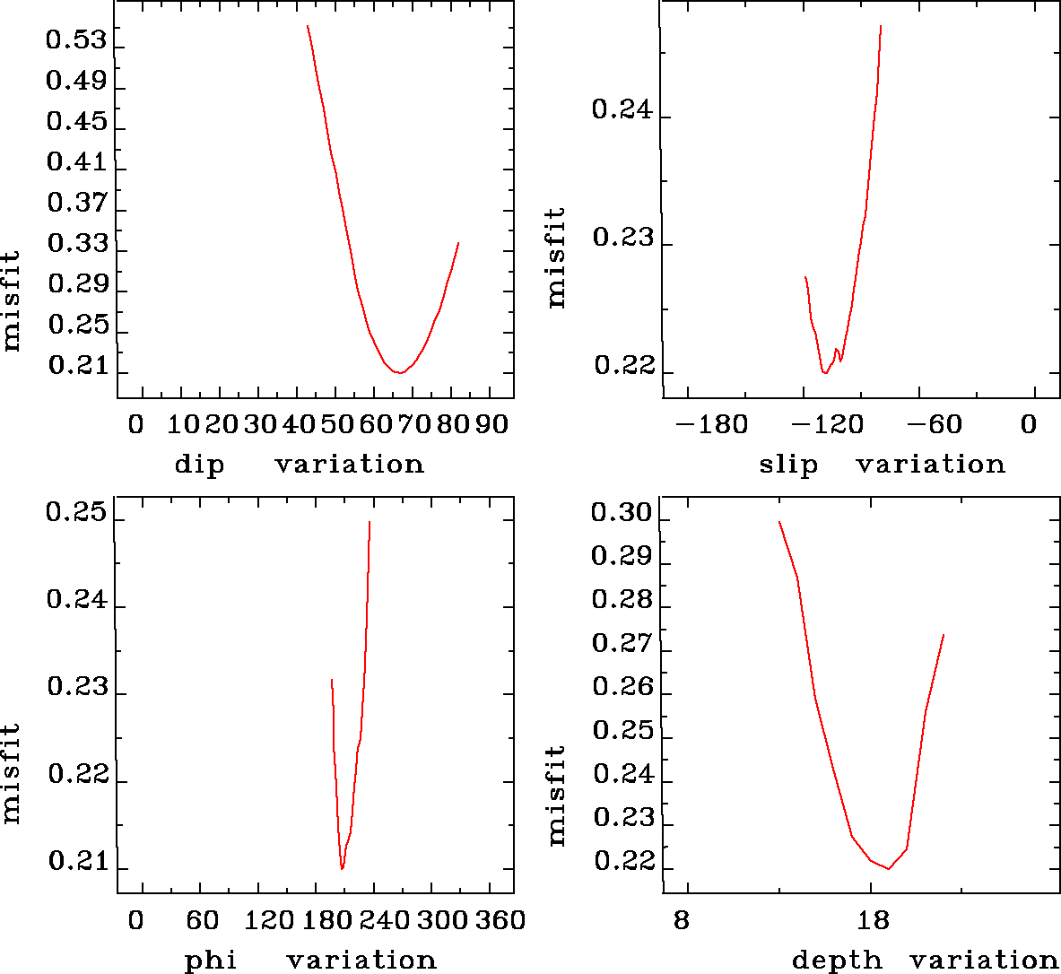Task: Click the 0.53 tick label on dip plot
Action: click(x=76, y=41)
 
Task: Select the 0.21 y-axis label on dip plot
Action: click(x=76, y=366)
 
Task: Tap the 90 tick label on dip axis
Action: click(x=491, y=424)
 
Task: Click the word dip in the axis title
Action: click(x=199, y=465)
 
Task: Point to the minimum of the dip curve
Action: click(x=400, y=372)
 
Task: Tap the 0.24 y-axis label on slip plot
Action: click(x=622, y=110)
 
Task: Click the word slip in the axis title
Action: click(x=788, y=465)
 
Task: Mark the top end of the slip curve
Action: click(x=881, y=26)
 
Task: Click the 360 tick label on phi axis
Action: click(x=500, y=920)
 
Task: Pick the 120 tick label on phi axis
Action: click(x=270, y=920)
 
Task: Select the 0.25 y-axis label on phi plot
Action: click(x=76, y=514)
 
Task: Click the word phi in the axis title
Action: click(x=211, y=961)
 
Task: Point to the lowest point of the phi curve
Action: click(x=342, y=869)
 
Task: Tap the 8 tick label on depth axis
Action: click(x=682, y=920)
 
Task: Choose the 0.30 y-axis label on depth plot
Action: click(x=622, y=513)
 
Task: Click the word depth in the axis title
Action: click(x=837, y=961)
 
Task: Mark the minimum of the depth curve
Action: click(x=888, y=868)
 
